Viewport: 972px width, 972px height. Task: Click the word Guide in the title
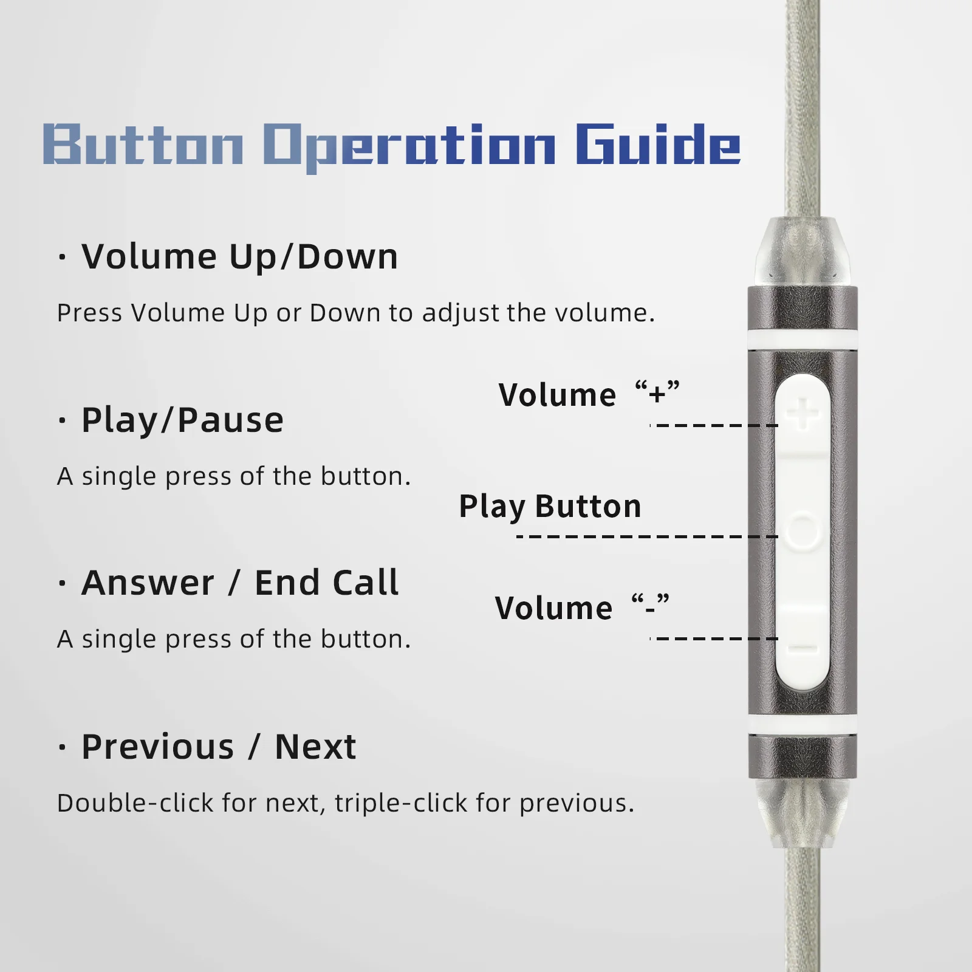pos(658,144)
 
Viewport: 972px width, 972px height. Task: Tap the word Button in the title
pos(143,144)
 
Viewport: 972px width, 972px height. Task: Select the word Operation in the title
pos(409,148)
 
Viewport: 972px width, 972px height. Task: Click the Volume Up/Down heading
pos(240,256)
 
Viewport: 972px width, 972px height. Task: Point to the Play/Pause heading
pos(182,420)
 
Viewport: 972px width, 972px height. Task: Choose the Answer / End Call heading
pos(240,583)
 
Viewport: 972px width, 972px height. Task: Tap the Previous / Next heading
pos(219,747)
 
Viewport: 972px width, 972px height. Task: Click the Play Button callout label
pos(550,507)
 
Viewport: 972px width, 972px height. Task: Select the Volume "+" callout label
pos(589,394)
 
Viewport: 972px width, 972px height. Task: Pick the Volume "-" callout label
pos(582,607)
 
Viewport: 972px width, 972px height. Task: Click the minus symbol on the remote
pos(803,648)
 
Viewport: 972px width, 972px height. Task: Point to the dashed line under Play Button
pos(647,536)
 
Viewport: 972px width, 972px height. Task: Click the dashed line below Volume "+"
pos(714,425)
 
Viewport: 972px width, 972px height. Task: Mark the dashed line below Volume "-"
pos(714,638)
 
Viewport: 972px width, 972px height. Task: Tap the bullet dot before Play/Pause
pos(62,420)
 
